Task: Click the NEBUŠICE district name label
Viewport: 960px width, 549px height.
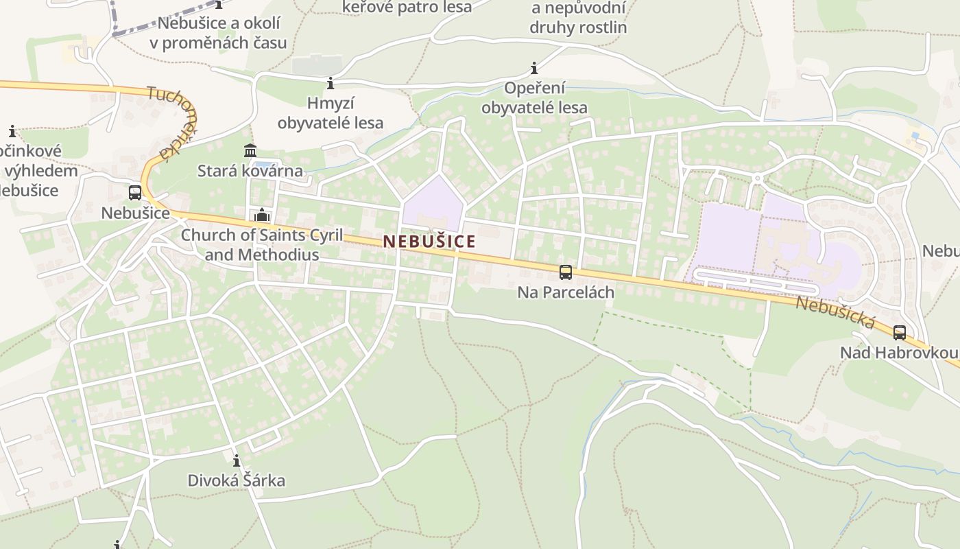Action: tap(429, 242)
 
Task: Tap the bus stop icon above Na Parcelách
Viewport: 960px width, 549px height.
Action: tap(566, 272)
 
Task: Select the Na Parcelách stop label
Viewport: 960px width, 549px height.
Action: tap(566, 292)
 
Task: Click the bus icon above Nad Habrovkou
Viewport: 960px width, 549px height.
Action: tap(900, 333)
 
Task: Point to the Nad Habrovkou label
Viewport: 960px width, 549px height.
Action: tap(900, 353)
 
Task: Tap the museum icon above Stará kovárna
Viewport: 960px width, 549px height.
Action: tap(250, 151)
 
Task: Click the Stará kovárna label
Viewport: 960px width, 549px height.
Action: tap(250, 171)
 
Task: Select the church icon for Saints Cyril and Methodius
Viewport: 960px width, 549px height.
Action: tap(261, 215)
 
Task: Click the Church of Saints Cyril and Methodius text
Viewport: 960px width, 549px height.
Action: tap(261, 245)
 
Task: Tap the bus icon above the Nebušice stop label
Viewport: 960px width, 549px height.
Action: tap(135, 193)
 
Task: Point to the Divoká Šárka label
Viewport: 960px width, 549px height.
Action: tap(237, 480)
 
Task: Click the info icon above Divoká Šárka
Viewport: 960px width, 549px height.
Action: tap(237, 460)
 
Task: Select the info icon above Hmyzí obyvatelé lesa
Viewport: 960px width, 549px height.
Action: tap(331, 84)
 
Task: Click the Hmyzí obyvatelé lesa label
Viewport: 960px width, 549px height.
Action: tap(331, 113)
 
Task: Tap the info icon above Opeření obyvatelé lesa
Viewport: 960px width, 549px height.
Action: tap(534, 69)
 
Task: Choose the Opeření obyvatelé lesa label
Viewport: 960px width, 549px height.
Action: tap(534, 97)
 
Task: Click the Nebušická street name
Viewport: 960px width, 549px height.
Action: tap(835, 312)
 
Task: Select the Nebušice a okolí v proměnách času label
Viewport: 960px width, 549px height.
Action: tap(219, 32)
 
